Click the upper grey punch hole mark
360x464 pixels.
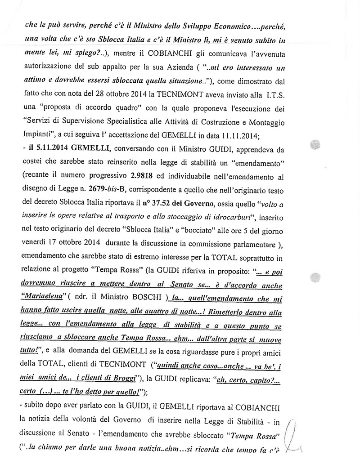pos(315,145)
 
